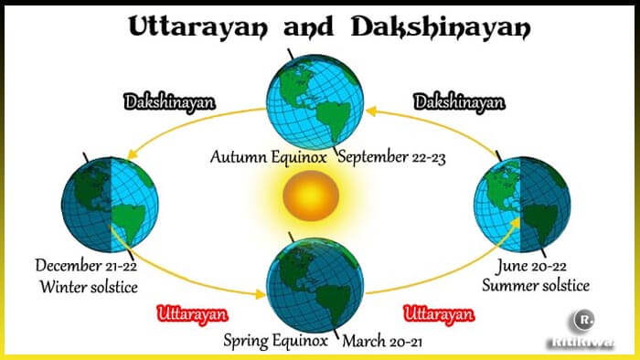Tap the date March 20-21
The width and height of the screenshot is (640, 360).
click(385, 342)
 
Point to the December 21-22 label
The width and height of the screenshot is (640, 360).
click(86, 266)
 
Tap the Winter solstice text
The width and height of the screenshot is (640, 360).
click(88, 287)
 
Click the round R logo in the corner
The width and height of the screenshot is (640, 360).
click(582, 322)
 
